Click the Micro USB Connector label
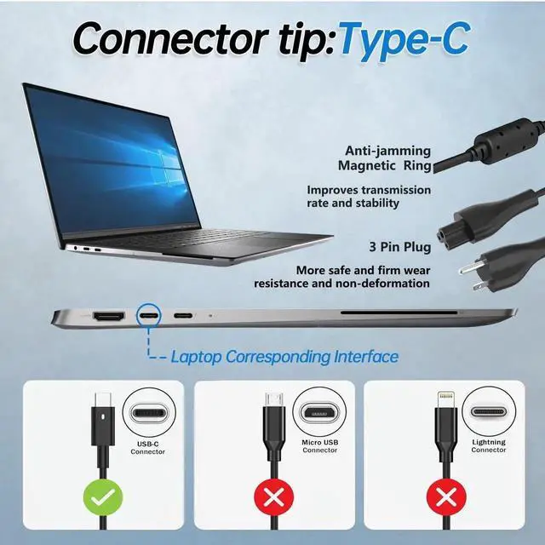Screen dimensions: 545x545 [x=319, y=446]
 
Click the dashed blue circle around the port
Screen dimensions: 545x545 [x=149, y=316]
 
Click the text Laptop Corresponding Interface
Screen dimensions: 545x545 [x=284, y=357]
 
